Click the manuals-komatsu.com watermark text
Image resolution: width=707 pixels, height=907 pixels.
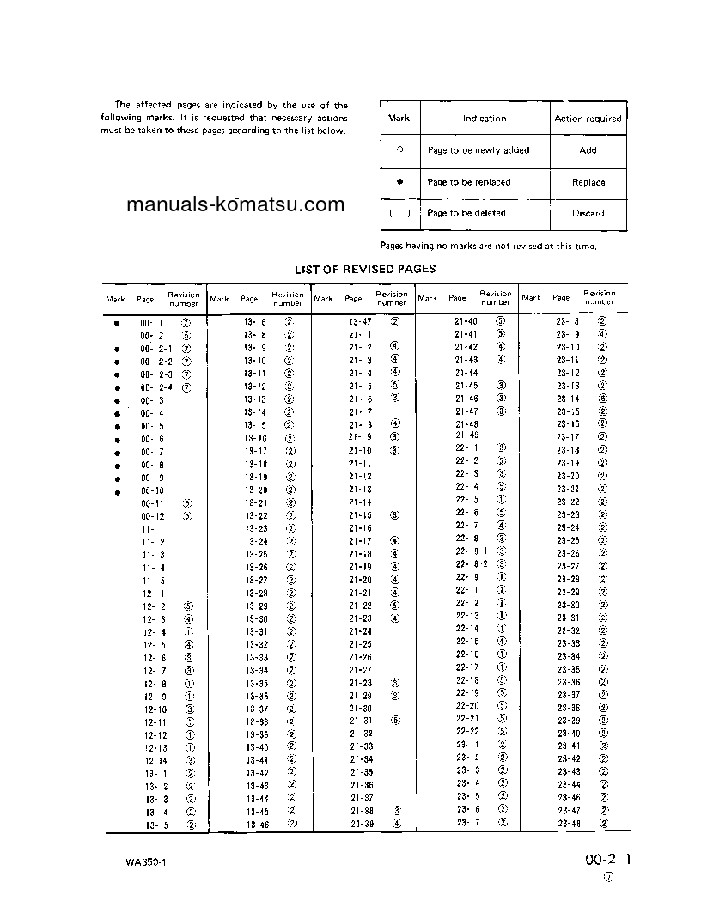[x=235, y=205]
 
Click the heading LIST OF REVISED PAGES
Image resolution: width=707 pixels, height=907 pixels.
[x=365, y=270]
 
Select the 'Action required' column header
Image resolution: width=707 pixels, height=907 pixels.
[x=588, y=119]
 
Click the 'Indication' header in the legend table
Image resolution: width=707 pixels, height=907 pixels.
[x=485, y=119]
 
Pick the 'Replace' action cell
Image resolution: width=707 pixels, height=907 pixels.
[x=588, y=182]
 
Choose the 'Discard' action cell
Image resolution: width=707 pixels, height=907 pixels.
[x=588, y=213]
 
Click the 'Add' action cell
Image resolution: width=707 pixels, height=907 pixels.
[x=588, y=150]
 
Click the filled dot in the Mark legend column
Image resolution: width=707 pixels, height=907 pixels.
[x=399, y=182]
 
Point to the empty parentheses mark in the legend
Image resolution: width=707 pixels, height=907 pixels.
[x=399, y=213]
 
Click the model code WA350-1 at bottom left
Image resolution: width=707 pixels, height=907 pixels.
[x=143, y=861]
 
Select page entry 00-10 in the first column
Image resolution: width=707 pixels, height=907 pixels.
[x=153, y=490]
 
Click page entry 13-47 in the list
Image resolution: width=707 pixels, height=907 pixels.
[x=359, y=320]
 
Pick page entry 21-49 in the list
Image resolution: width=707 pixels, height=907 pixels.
[x=466, y=436]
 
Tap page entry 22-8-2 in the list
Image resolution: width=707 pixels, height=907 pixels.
[x=471, y=564]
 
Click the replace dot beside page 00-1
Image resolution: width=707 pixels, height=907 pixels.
[x=116, y=321]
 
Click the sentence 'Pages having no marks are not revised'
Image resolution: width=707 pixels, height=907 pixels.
[x=488, y=246]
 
